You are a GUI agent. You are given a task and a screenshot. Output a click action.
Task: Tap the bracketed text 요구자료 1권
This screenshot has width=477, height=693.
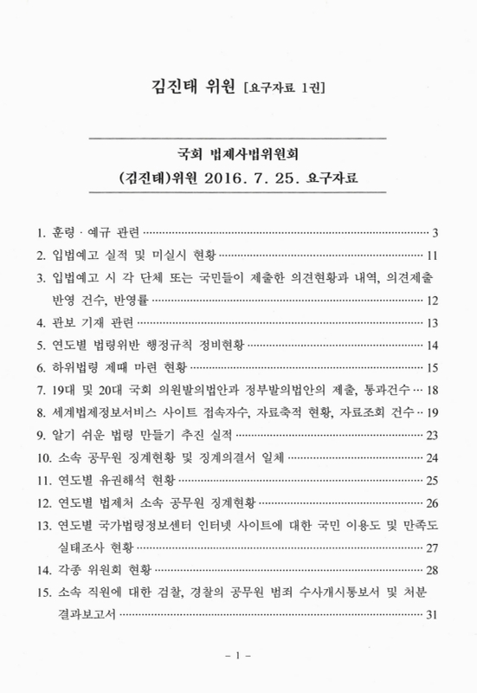[x=287, y=87]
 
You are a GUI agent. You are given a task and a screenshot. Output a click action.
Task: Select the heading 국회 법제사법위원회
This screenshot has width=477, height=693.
[x=238, y=155]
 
